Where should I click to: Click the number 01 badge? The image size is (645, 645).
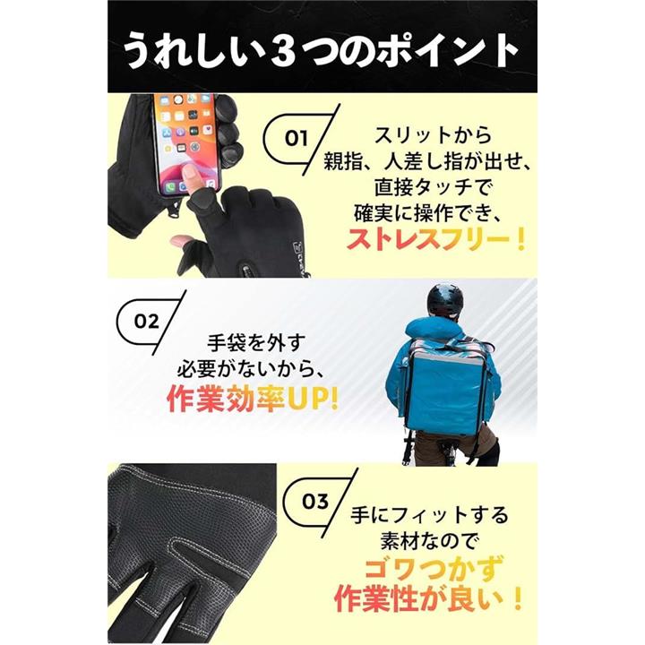297,139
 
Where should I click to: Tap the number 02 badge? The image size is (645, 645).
147,322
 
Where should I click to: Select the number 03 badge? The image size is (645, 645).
315,501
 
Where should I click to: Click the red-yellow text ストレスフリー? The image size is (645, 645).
436,239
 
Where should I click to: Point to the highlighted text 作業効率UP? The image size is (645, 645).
253,398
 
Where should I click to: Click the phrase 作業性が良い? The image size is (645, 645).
428,598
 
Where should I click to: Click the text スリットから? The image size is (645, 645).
433,135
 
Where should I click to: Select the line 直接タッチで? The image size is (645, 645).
433,187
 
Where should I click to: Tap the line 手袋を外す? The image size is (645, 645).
256,342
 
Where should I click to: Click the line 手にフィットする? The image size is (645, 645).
429,515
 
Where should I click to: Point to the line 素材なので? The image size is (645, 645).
429,541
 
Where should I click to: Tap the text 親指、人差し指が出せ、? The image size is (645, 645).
428,161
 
